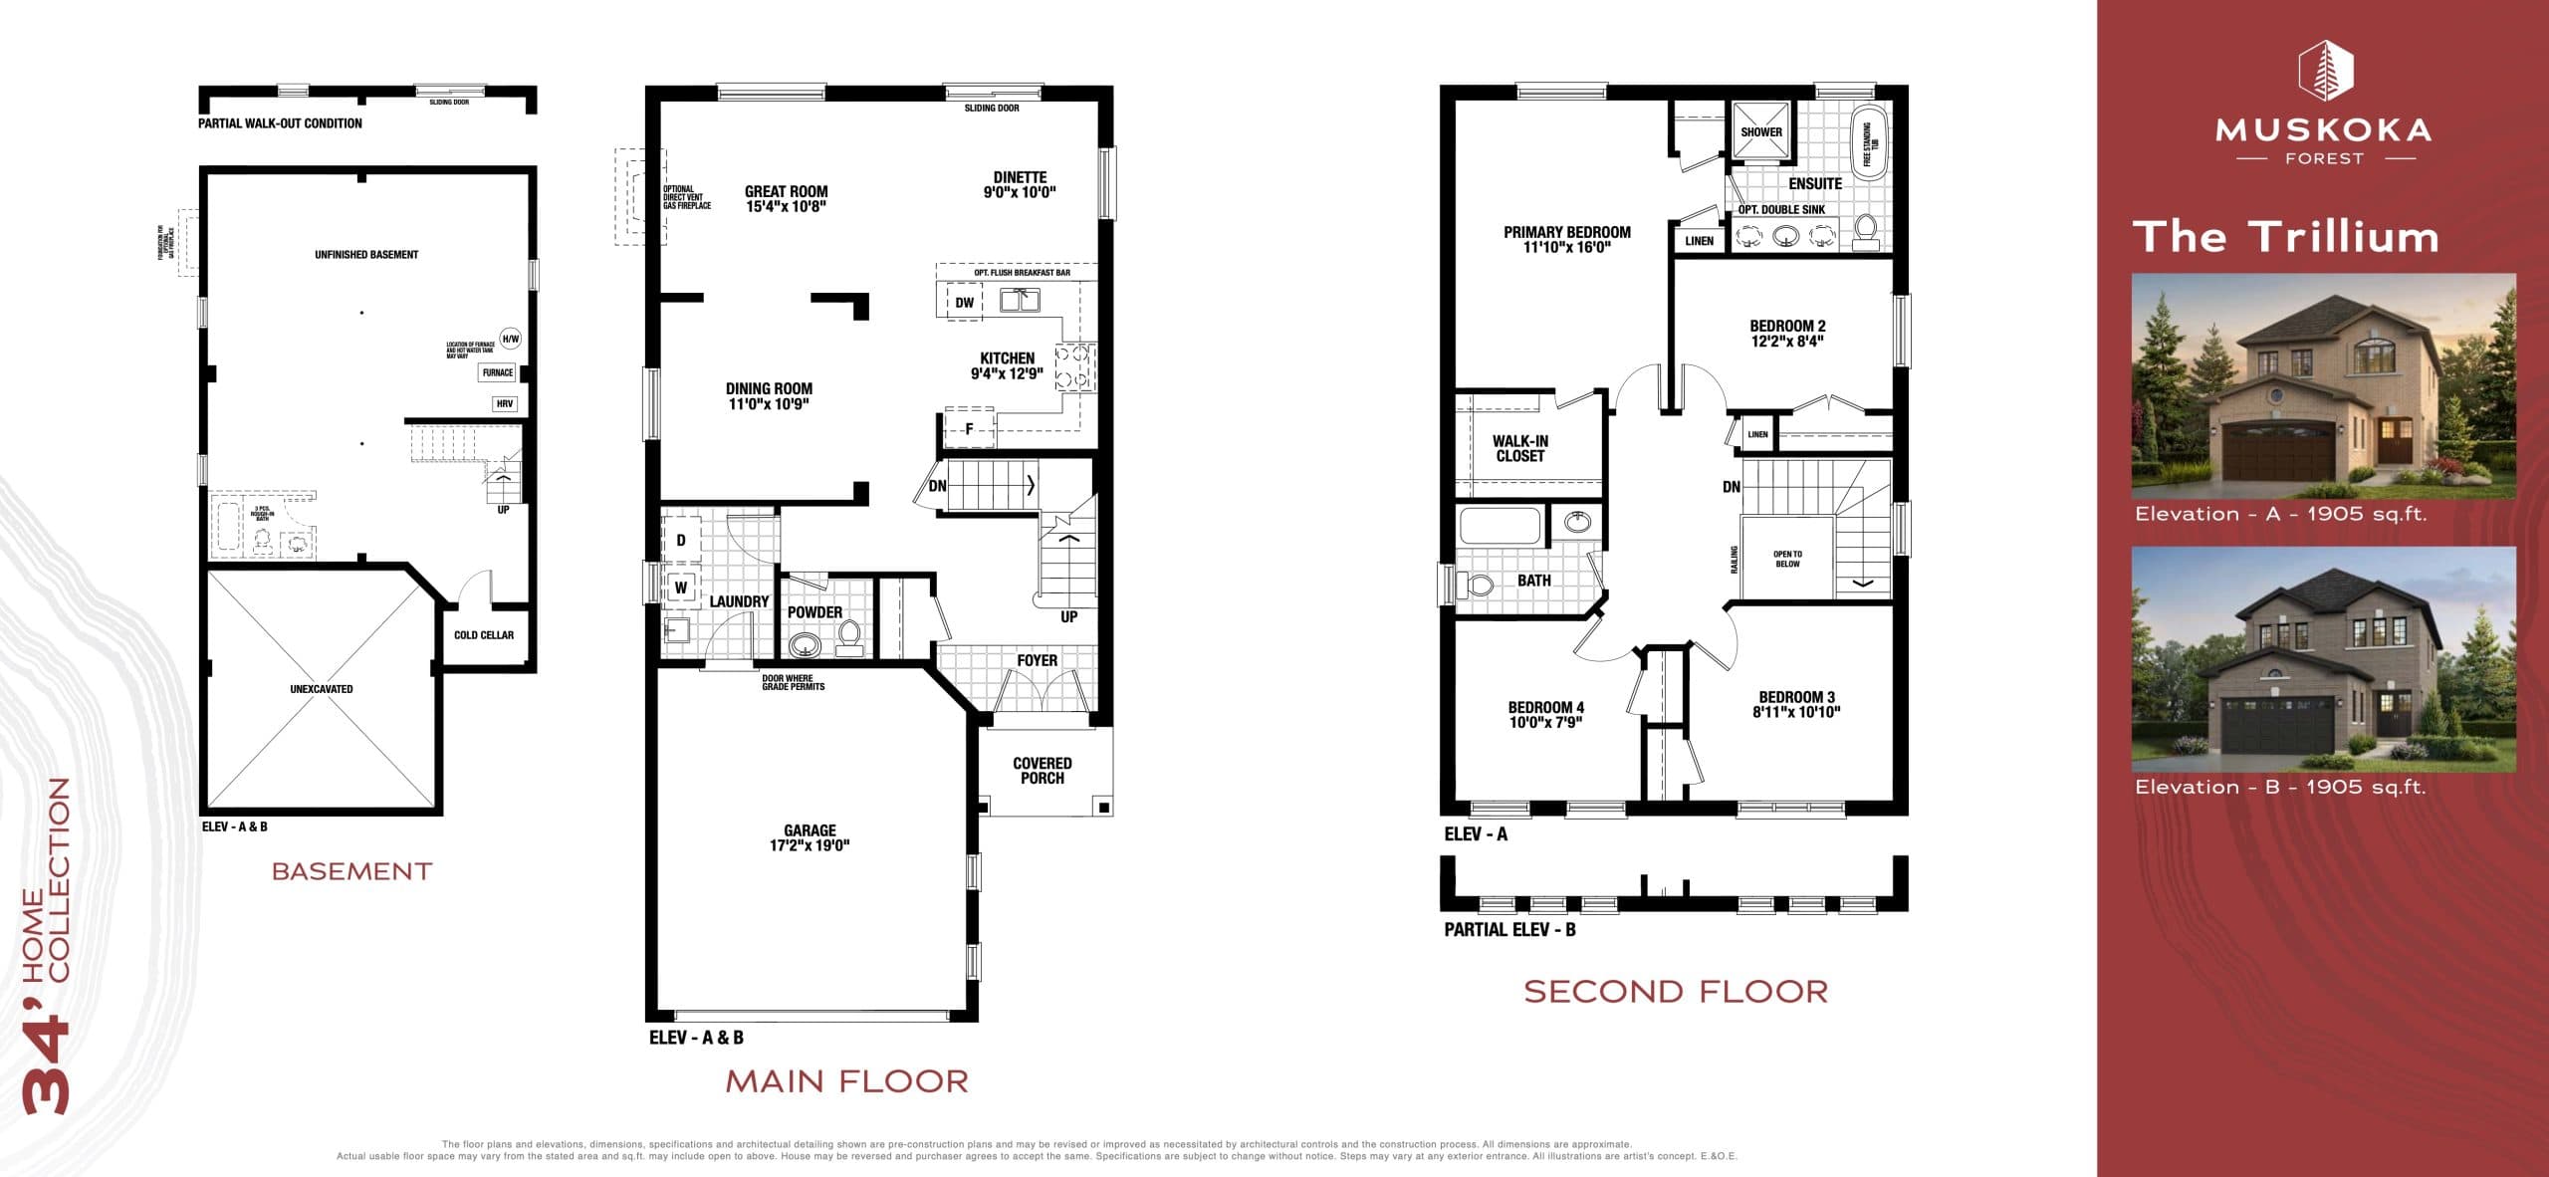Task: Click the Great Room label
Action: click(786, 191)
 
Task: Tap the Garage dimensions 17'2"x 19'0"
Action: click(810, 845)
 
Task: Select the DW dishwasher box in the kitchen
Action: click(964, 303)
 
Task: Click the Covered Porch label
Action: click(1042, 771)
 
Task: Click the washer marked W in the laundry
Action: click(681, 588)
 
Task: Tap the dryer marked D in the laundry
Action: click(681, 541)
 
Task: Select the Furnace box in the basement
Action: click(498, 372)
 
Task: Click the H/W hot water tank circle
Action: click(510, 339)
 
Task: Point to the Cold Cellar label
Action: click(484, 635)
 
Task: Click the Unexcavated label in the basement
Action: click(321, 689)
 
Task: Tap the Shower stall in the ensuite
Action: click(1760, 131)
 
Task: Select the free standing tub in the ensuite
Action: click(1867, 144)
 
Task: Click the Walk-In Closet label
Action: click(1519, 448)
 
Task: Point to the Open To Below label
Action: click(1787, 560)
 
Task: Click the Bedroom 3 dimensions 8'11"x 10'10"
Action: click(1796, 712)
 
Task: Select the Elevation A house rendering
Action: click(2323, 386)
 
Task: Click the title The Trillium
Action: click(2286, 237)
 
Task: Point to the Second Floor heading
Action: click(1676, 992)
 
